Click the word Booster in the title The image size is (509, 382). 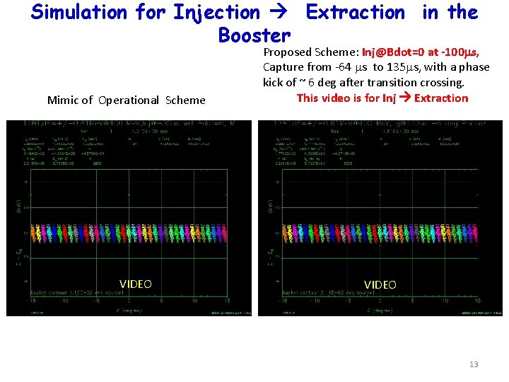tap(255, 35)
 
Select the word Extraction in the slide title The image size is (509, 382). tap(355, 12)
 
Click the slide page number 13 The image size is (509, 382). tap(474, 364)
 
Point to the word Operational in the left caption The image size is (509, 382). tap(129, 100)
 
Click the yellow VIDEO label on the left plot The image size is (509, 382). tap(135, 284)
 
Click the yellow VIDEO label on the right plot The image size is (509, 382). tap(380, 284)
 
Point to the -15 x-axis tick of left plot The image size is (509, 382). tap(28, 300)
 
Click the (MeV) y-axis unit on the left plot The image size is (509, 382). tap(19, 206)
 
